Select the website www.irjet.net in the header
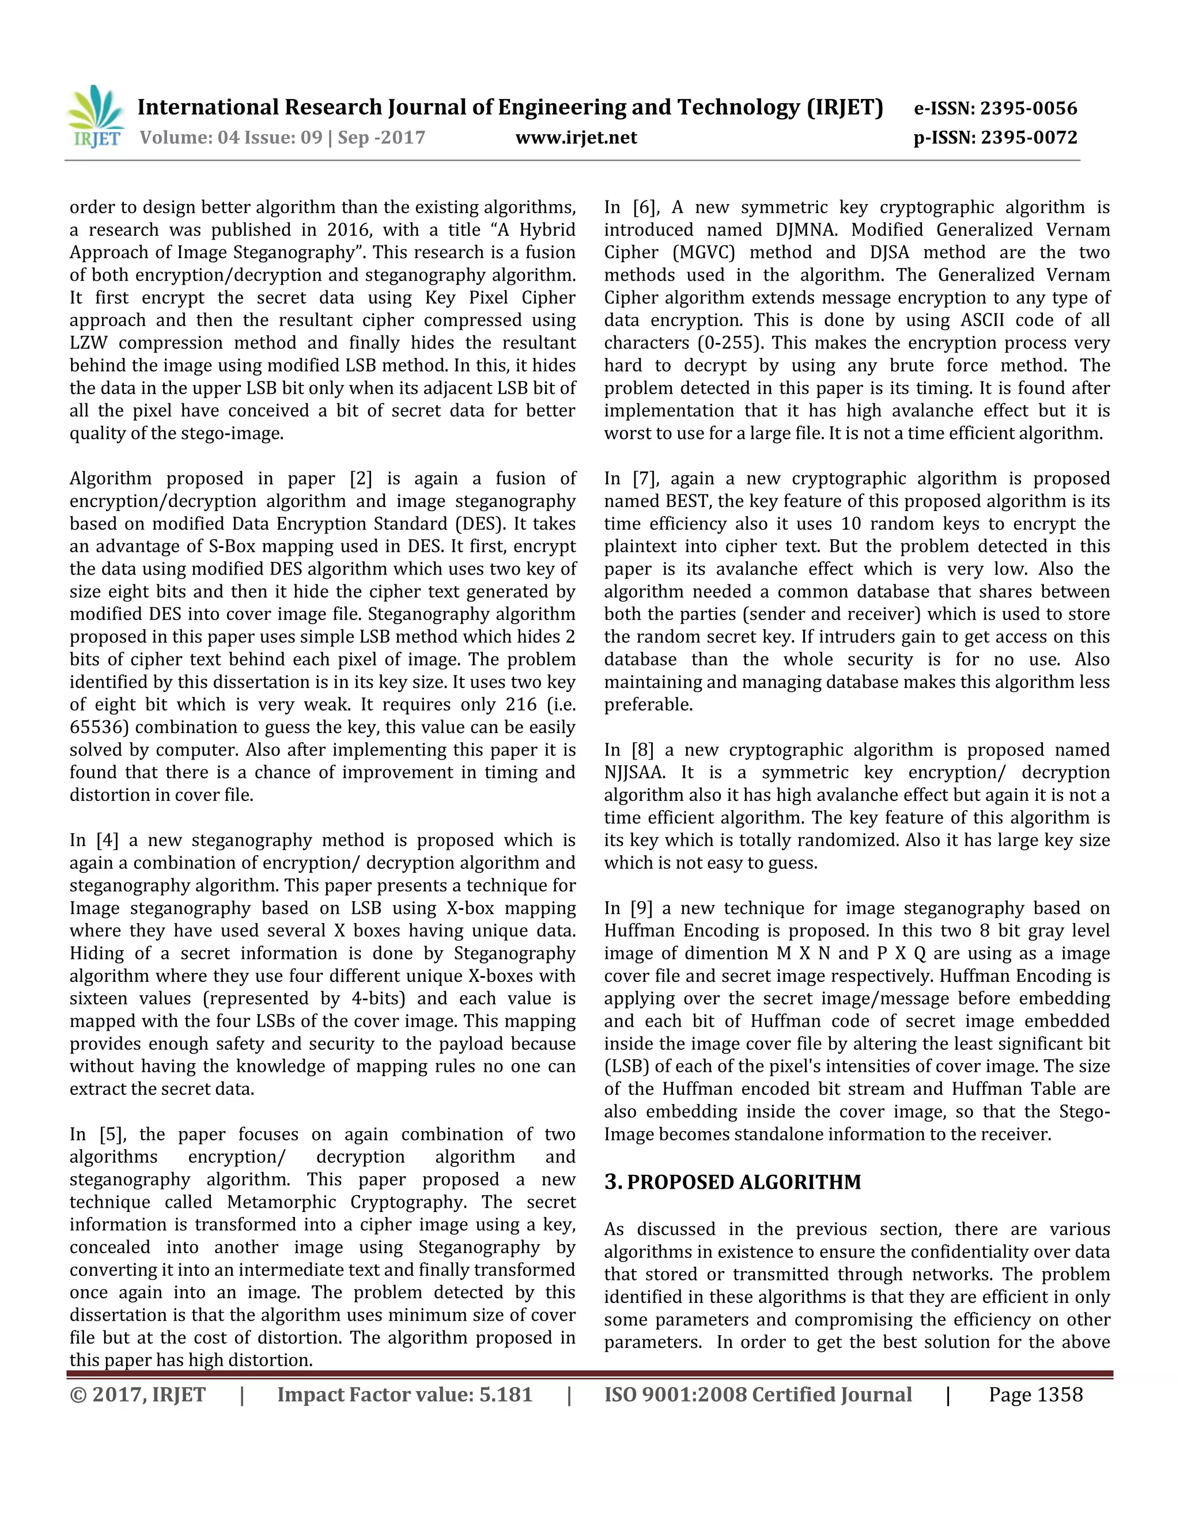click(576, 138)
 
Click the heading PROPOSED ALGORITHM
click(744, 1182)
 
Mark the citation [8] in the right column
click(642, 750)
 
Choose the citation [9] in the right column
click(642, 908)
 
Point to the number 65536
click(99, 727)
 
